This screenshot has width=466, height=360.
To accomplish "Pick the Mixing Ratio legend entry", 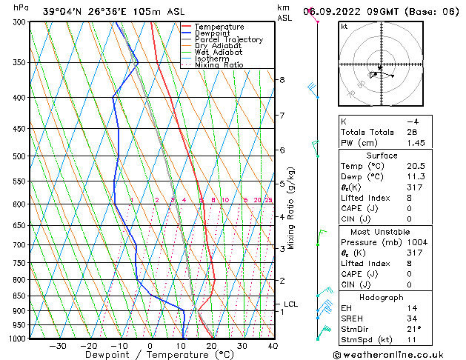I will point(219,65).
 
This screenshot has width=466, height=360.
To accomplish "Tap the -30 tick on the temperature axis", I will point(58,346).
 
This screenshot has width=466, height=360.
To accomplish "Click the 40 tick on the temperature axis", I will point(273,346).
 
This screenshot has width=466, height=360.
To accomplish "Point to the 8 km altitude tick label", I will point(282,79).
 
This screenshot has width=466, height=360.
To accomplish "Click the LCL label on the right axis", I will point(290,304).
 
